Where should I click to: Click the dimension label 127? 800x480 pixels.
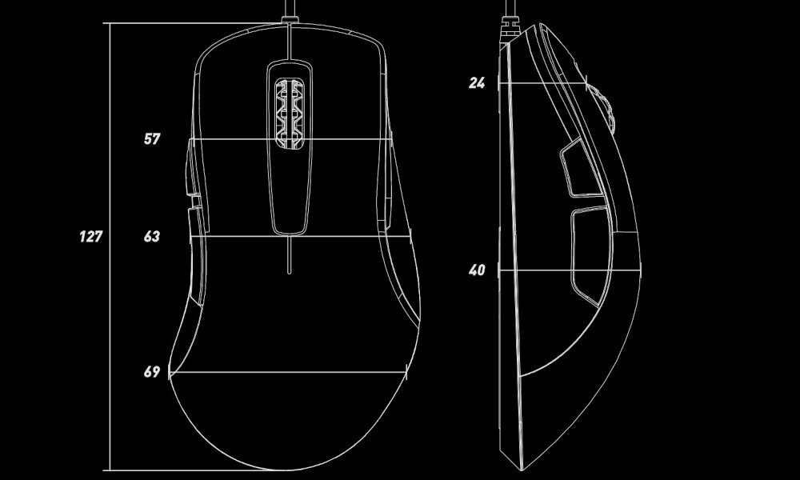pos(90,237)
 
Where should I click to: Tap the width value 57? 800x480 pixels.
pos(152,139)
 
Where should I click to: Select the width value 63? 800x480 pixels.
pos(152,237)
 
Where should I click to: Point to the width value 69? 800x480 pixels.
pos(152,372)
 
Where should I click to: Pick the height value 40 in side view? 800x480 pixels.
pos(478,271)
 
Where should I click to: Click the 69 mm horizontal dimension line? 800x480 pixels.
pos(288,373)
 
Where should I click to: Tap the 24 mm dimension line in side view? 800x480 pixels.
pos(544,83)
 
